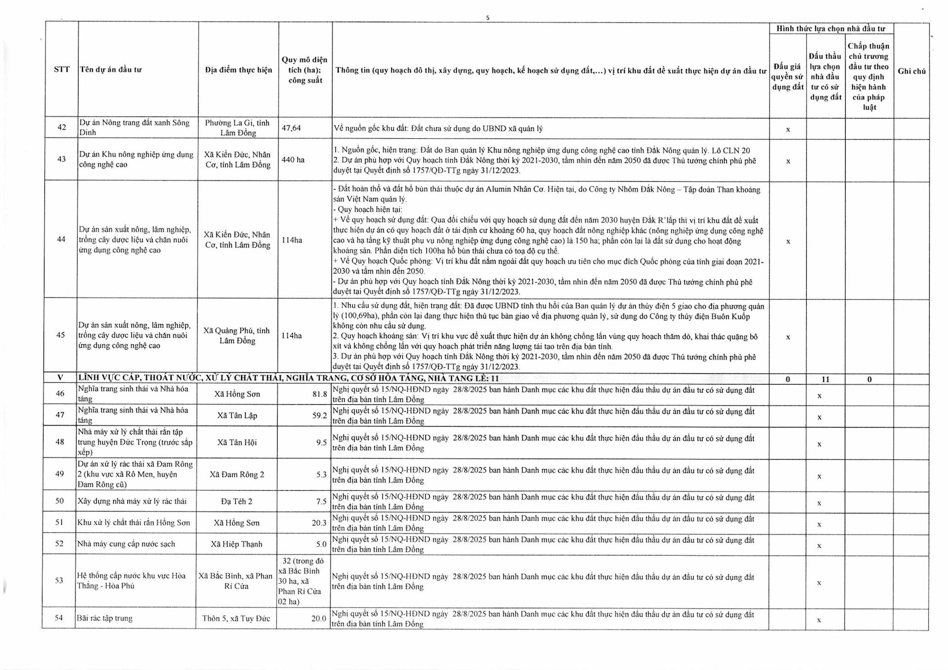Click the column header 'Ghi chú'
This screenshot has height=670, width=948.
click(x=911, y=71)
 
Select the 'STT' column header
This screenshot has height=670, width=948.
click(x=62, y=69)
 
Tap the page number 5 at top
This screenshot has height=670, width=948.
click(x=488, y=18)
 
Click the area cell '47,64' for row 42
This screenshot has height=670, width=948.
click(x=291, y=128)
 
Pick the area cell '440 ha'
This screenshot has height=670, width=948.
click(x=293, y=159)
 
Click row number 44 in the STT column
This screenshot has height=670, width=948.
click(x=61, y=239)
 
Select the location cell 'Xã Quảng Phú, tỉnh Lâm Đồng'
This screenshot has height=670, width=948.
click(x=237, y=335)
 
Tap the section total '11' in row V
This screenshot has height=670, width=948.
click(x=825, y=379)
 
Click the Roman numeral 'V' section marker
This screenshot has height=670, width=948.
click(x=60, y=378)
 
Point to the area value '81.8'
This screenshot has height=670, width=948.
click(x=319, y=394)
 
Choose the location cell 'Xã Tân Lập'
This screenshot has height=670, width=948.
click(x=237, y=415)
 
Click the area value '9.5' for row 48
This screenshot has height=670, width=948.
click(x=321, y=442)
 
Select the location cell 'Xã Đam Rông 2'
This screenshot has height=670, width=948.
click(x=237, y=474)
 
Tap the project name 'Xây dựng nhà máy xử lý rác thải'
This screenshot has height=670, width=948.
click(x=132, y=501)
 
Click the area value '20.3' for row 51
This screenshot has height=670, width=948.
click(x=319, y=522)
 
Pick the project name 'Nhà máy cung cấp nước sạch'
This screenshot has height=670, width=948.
click(x=126, y=544)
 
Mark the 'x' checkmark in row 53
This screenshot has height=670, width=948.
click(x=819, y=583)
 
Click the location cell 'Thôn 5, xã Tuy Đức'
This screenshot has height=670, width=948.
click(x=236, y=618)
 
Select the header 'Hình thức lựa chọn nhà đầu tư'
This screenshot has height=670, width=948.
click(x=830, y=29)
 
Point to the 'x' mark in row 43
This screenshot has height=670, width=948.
click(x=788, y=161)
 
